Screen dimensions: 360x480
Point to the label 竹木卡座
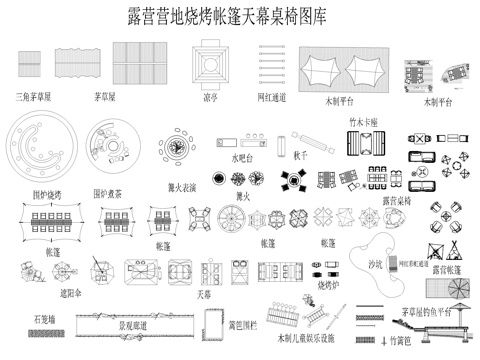pos(363,121)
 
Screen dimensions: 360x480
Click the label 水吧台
pos(245,158)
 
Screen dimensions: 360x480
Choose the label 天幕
pos(204,296)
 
